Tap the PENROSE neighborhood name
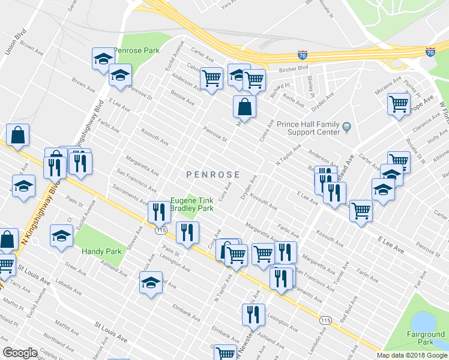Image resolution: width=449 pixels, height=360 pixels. (213, 175)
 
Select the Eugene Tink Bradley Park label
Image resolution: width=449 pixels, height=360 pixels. (192, 204)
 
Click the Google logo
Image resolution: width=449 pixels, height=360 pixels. (20, 353)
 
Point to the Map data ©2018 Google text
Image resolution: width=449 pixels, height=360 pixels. (412, 355)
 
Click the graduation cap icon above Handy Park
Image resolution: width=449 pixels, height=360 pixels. (61, 236)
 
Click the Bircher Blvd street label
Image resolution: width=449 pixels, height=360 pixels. (294, 68)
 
